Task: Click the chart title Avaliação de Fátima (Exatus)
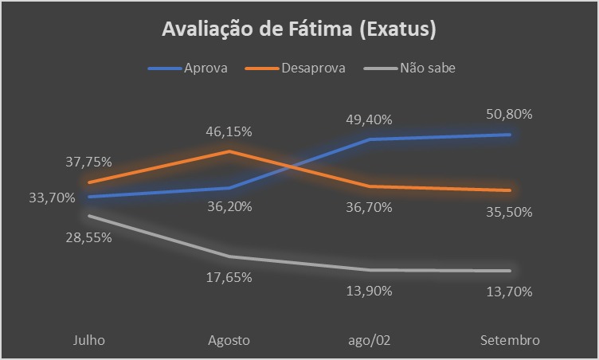(299, 30)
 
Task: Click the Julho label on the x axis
(88, 340)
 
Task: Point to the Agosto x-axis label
(229, 340)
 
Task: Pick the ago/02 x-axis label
(370, 340)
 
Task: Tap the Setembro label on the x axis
(511, 340)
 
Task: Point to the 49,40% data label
(370, 119)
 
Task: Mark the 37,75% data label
(88, 161)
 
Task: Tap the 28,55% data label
(88, 237)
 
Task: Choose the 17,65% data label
(229, 277)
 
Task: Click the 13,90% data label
(370, 291)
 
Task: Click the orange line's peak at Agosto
(229, 151)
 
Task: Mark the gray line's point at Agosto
(229, 256)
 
